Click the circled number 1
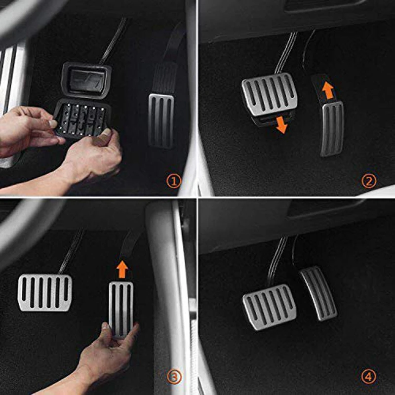174,181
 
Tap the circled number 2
369,181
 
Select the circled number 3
174,377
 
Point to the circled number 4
368,377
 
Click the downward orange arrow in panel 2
281,125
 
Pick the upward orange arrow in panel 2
328,90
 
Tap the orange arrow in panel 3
122,269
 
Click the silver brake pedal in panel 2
270,94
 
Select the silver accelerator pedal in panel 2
332,128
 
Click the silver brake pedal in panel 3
45,293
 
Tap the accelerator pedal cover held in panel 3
121,310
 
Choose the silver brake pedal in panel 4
270,307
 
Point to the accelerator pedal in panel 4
318,294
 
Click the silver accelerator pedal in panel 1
161,120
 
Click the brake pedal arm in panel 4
277,260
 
